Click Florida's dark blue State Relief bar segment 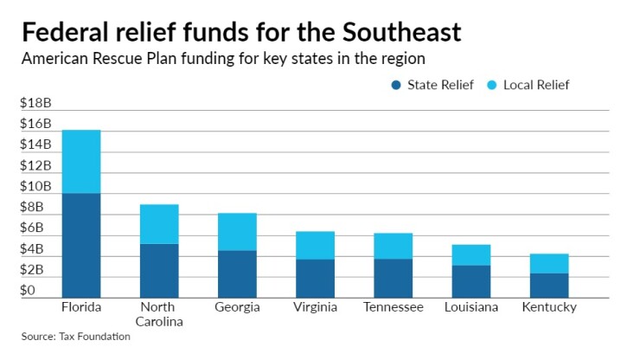(81, 245)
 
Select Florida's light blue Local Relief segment (81, 162)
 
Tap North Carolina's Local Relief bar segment (159, 224)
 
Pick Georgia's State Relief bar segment (237, 273)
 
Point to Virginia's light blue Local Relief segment (315, 245)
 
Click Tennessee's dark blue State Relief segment (393, 278)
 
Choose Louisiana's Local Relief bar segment (471, 254)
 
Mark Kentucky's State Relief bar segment (549, 286)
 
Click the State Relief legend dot (396, 85)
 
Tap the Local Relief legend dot (491, 85)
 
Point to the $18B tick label (36, 103)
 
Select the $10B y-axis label (36, 187)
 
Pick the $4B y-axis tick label (33, 249)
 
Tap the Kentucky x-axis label (549, 307)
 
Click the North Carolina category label (159, 314)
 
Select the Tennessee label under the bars (393, 307)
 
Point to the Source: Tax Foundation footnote (76, 336)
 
